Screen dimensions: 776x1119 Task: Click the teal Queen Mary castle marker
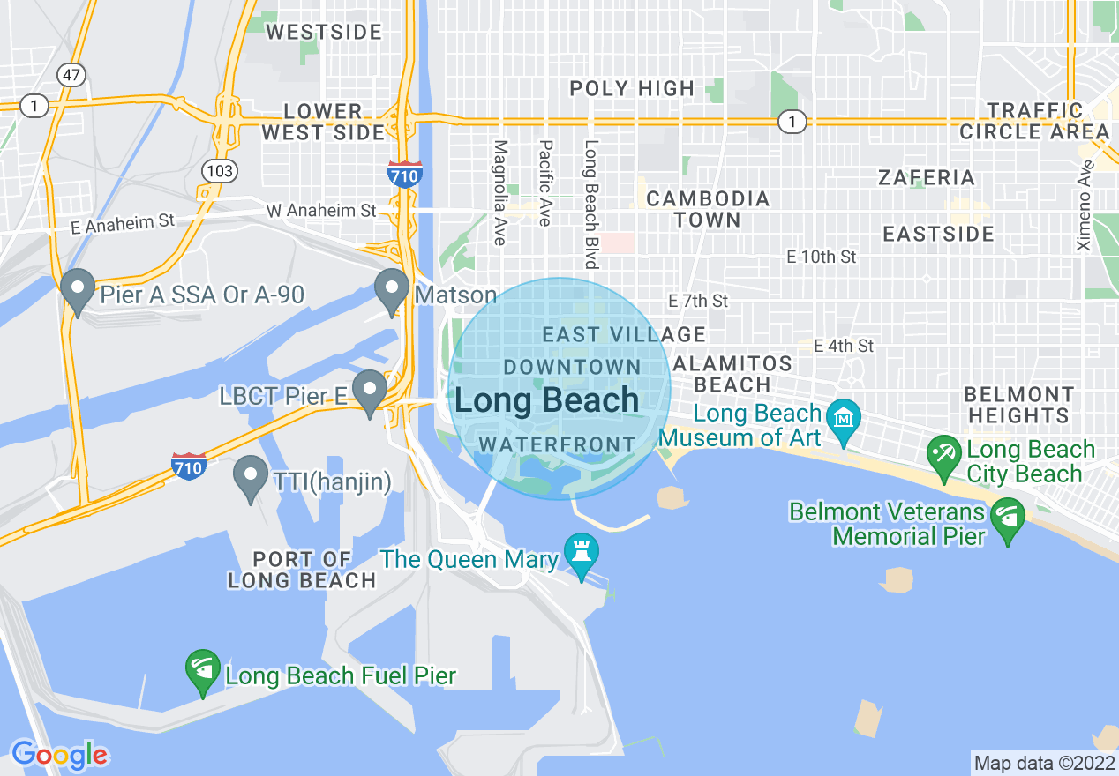[x=581, y=554]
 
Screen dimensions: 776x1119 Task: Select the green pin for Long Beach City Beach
[x=944, y=455]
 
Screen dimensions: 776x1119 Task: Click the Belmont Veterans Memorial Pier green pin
[x=1007, y=517]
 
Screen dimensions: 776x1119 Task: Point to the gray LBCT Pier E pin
[x=370, y=390]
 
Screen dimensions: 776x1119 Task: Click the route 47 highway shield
[x=71, y=75]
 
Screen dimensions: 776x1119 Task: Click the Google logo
[x=59, y=755]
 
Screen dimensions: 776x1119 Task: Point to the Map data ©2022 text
[x=1043, y=763]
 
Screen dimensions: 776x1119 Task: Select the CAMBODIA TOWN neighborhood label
[x=708, y=210]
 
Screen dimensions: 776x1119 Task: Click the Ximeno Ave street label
[x=1085, y=205]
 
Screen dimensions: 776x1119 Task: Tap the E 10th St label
[x=822, y=257]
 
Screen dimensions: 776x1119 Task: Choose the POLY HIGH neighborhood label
[x=632, y=88]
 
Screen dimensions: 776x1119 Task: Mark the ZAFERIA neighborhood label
[x=927, y=177]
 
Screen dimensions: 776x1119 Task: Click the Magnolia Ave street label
[x=500, y=192]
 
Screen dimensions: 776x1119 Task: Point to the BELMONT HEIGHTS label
[x=1019, y=405]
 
